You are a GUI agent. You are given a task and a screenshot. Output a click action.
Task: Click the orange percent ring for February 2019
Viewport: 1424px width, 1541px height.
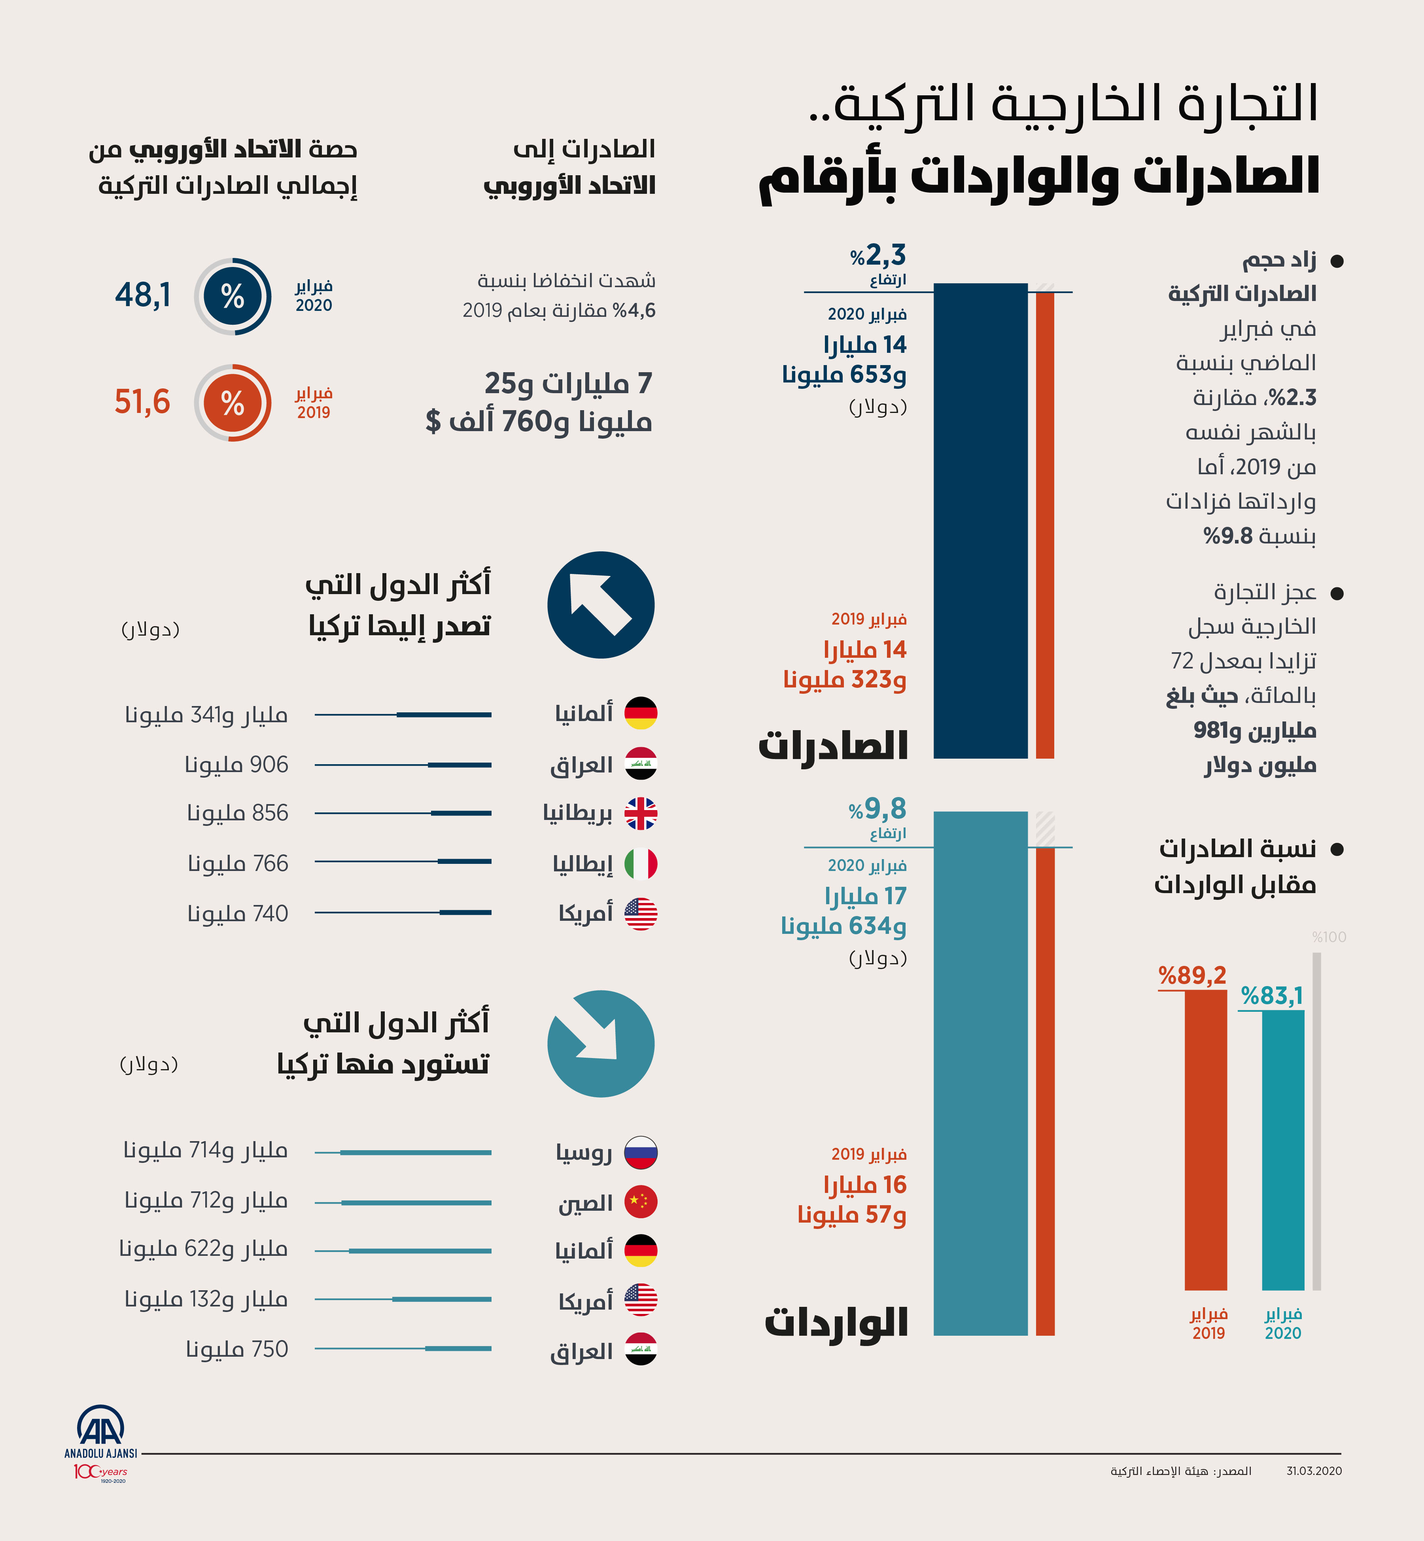[x=233, y=402]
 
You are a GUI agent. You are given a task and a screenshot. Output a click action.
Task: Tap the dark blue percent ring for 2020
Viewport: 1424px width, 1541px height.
[x=233, y=296]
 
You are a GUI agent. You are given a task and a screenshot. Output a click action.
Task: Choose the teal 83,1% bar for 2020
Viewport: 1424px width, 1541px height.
[x=1283, y=1149]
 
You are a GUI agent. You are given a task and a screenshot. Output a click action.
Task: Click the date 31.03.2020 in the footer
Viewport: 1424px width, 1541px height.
[x=1314, y=1471]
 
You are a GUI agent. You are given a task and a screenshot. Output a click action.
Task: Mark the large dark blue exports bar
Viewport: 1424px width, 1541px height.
[x=980, y=521]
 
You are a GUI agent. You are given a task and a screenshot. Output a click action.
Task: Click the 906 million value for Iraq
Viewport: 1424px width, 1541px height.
[x=236, y=765]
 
